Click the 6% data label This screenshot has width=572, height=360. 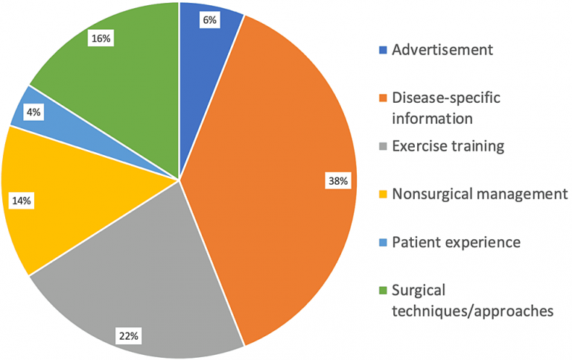209,21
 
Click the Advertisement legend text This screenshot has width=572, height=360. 442,51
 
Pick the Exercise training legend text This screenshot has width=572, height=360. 448,145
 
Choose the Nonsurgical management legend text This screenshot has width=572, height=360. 480,194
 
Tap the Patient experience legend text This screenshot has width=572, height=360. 456,242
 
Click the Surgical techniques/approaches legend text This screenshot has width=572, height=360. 472,301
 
